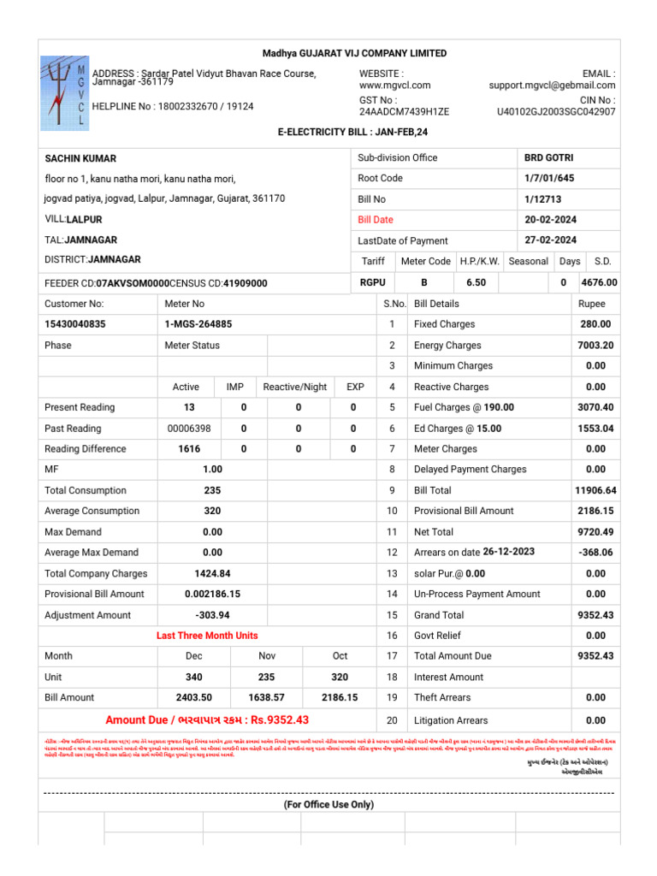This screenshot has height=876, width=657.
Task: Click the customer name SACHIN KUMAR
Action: point(80,158)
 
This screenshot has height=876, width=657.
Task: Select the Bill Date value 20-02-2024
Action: point(550,220)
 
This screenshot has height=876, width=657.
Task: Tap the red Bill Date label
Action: point(376,220)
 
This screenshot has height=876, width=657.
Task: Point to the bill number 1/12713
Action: point(542,198)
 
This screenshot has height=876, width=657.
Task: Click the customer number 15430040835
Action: point(75,324)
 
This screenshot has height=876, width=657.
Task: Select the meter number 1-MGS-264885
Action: point(198,324)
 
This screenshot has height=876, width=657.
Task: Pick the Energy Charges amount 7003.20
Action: point(595,346)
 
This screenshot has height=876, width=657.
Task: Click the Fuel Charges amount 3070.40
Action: point(595,407)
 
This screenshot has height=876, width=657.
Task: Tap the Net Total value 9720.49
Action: point(595,531)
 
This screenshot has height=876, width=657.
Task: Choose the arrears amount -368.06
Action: point(595,553)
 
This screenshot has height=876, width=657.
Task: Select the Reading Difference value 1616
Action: point(189,449)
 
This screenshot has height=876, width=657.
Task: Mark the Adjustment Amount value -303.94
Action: point(212,615)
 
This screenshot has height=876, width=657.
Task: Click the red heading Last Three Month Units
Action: point(207,636)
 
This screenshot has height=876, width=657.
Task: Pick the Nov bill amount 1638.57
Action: point(267,697)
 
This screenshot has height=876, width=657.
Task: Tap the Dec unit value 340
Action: point(193,677)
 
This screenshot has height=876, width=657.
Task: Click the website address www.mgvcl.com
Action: point(394,86)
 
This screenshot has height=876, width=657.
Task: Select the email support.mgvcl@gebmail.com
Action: point(552,86)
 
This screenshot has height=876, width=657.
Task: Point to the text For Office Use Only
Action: point(328,805)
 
